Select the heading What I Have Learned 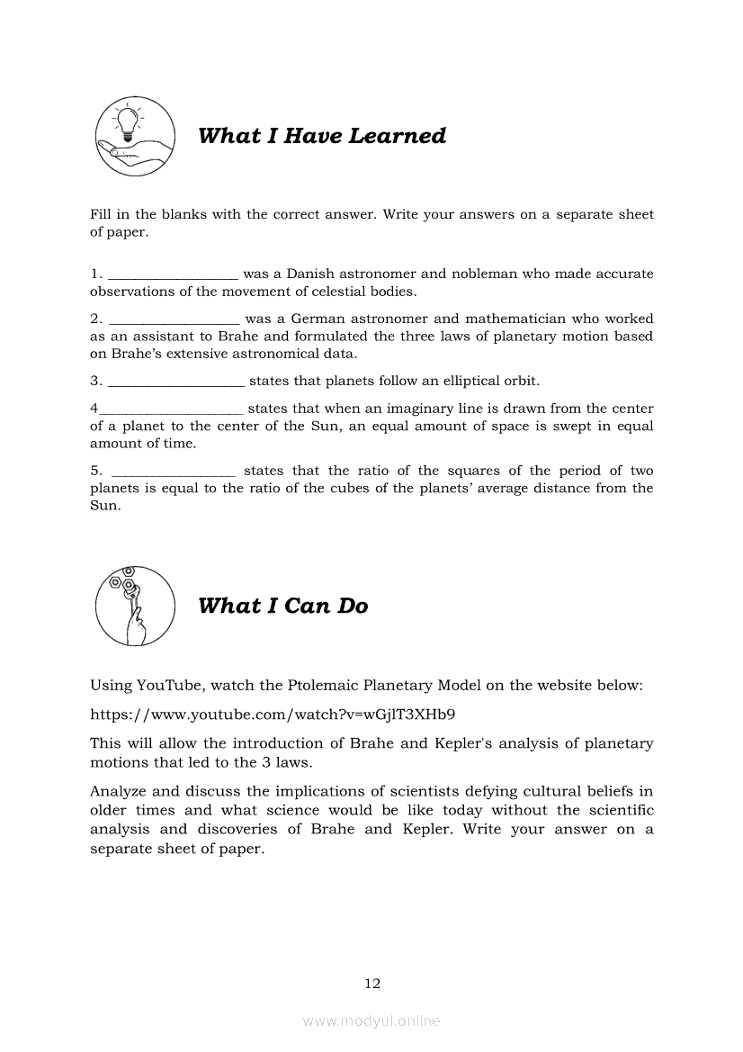click(x=321, y=136)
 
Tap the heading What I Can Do click(x=282, y=606)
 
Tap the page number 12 click(x=372, y=984)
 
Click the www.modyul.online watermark click(x=371, y=1021)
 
